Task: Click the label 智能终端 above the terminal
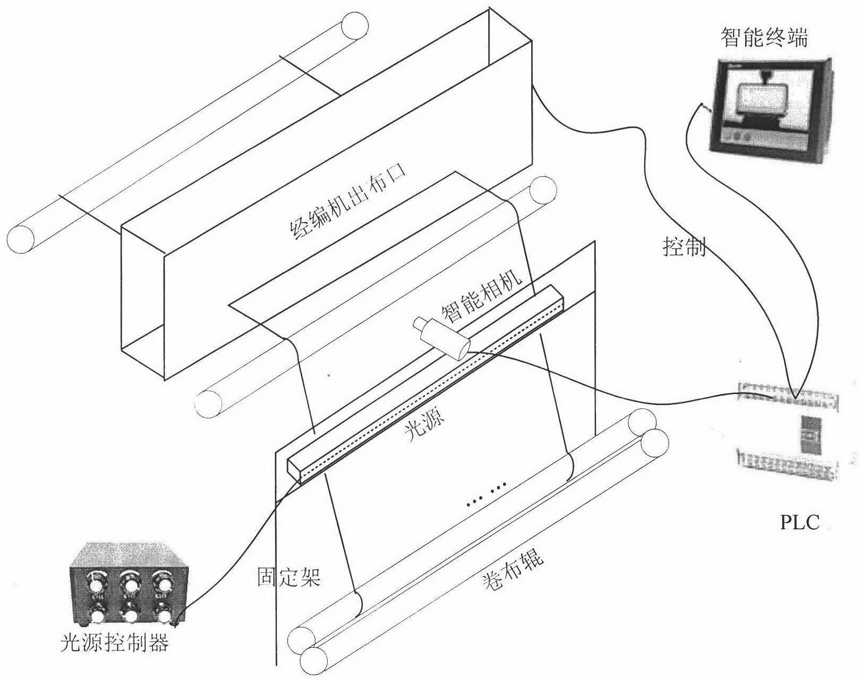point(764,38)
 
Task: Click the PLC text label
point(800,522)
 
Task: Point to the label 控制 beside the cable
point(684,246)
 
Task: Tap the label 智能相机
point(481,297)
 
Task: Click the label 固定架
point(289,577)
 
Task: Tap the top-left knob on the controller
point(97,584)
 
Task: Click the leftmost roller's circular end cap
point(21,239)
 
